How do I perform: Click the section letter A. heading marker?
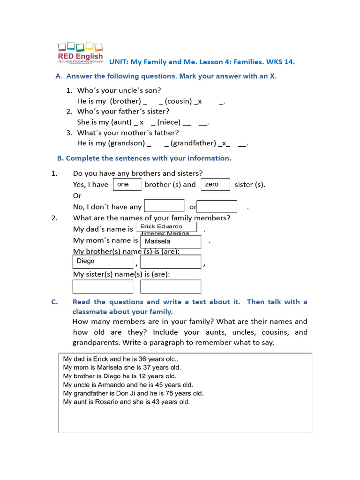(x=59, y=76)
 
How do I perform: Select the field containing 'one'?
(x=127, y=185)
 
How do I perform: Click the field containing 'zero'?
(x=215, y=185)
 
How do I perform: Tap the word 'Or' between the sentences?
(x=77, y=195)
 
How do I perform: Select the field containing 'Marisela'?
(x=171, y=241)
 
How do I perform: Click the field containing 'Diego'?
(x=103, y=262)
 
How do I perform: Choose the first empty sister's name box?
(x=103, y=286)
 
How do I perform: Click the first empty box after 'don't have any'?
(x=164, y=206)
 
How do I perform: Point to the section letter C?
(x=55, y=302)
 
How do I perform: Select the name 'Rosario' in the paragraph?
(x=106, y=402)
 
